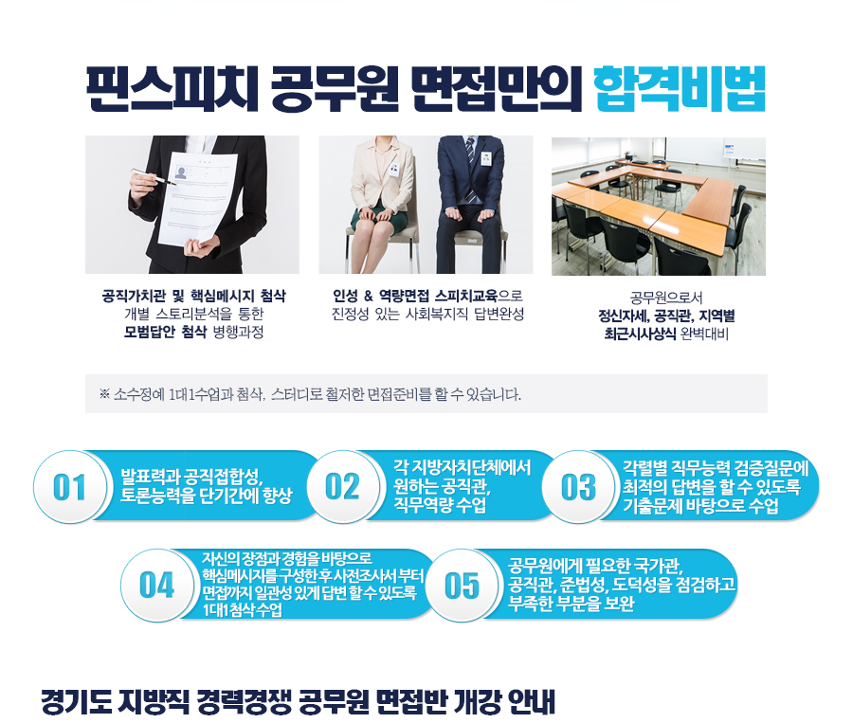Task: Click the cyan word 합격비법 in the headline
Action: (680, 89)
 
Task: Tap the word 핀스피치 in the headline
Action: (172, 89)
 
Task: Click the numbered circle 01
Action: (69, 487)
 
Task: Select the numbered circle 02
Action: (342, 487)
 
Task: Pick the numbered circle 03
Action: (578, 487)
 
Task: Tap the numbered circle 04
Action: (156, 586)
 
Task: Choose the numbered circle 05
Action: (462, 586)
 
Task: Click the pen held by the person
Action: (153, 177)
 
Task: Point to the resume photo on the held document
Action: (181, 172)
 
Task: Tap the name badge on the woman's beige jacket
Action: (394, 169)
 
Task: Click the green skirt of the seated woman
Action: (379, 218)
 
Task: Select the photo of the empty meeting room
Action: (659, 207)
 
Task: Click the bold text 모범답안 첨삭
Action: (165, 332)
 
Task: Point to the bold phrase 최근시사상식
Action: (640, 334)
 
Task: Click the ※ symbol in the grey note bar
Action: (104, 394)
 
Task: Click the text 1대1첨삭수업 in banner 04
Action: (243, 610)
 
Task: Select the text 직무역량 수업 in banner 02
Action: (440, 505)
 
